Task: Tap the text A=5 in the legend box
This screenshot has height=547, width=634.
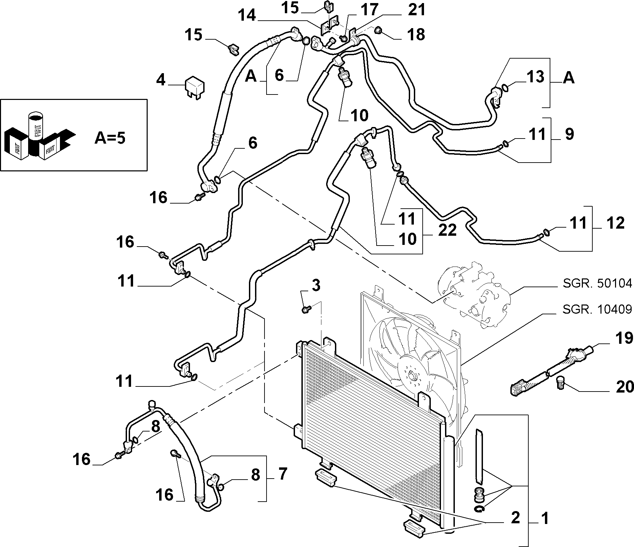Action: [109, 138]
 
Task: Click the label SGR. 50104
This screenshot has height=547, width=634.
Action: [597, 283]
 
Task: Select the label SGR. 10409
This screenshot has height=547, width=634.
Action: [597, 309]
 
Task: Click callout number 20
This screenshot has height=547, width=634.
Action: [624, 387]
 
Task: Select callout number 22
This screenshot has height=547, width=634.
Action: [447, 230]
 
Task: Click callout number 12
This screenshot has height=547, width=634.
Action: [615, 223]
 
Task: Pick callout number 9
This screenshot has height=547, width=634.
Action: [569, 134]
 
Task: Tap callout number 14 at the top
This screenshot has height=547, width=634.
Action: [247, 16]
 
